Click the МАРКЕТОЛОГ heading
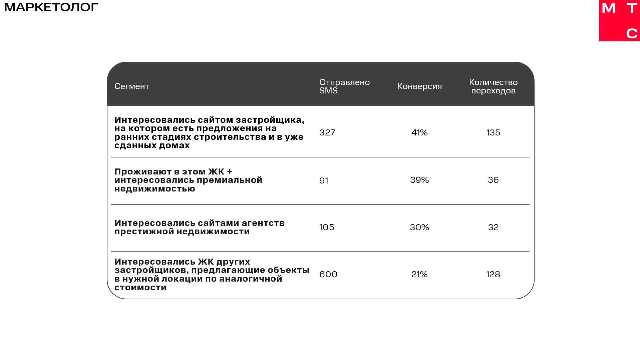point(51,7)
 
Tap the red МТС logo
point(619,21)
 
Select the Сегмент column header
point(132,86)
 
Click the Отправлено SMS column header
point(344,86)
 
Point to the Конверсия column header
point(419,86)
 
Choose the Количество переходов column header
point(493,86)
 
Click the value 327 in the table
point(327,133)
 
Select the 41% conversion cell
point(419,133)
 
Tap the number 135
point(493,133)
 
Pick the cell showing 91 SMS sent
point(324,181)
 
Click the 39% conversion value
point(419,180)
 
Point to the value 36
point(493,180)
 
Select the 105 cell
point(327,228)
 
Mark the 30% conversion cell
point(419,228)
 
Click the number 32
point(493,228)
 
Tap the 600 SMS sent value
point(328,275)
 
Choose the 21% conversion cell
point(419,275)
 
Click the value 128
point(493,275)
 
